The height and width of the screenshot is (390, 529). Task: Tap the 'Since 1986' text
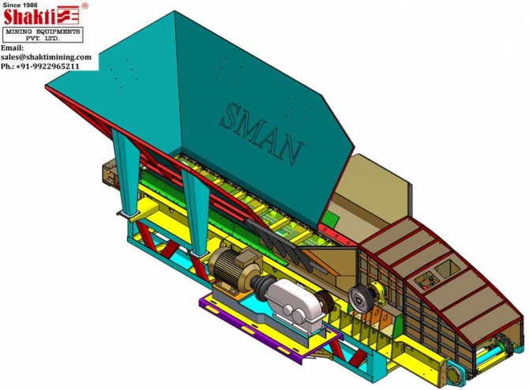coord(21,5)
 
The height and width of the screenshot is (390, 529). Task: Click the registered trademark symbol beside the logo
coord(85,6)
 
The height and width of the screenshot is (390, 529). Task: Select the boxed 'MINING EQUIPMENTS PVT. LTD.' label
coord(43,35)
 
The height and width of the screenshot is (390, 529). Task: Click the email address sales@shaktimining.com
coord(46,57)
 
